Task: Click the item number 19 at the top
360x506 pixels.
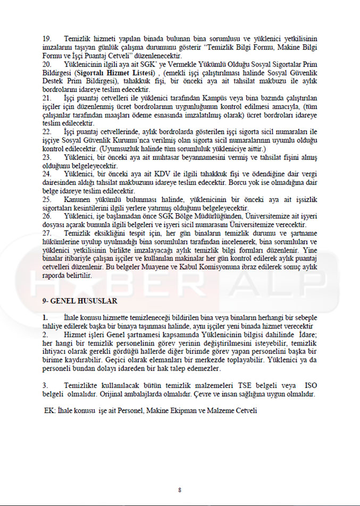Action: pos(47,39)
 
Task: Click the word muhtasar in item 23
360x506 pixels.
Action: pos(159,157)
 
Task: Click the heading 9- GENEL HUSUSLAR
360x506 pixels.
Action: pos(80,301)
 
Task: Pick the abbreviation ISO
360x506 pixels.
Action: pos(312,384)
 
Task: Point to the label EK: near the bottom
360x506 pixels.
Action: pos(51,411)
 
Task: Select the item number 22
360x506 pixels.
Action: pos(47,131)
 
